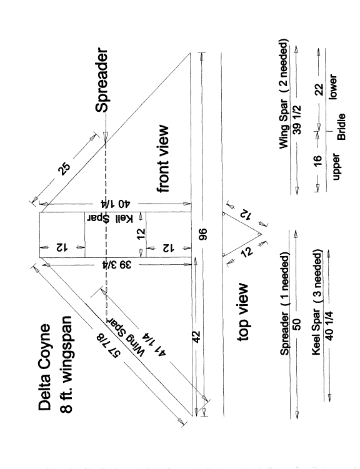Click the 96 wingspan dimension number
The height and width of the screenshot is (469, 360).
[x=203, y=234]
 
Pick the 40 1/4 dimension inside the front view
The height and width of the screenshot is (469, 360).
[x=116, y=204]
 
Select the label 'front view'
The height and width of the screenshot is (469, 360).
[x=163, y=159]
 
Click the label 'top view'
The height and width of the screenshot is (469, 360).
[x=242, y=312]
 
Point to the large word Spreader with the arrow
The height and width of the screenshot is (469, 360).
[x=102, y=81]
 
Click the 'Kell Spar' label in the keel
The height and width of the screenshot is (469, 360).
[x=110, y=219]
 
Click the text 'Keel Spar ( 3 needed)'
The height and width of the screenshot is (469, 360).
[x=317, y=304]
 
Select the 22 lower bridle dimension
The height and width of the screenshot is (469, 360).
[x=319, y=89]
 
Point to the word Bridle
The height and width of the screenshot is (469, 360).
[x=341, y=127]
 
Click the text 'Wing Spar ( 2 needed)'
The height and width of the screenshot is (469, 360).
[x=283, y=94]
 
